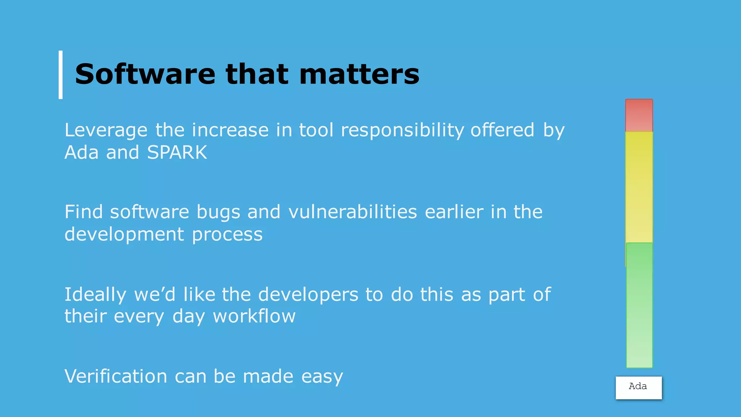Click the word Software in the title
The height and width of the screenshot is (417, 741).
[x=145, y=74]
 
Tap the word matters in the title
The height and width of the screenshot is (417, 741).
[x=359, y=74]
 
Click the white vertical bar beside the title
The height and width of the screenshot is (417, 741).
[x=61, y=75]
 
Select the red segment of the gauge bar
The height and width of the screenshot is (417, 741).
[x=639, y=115]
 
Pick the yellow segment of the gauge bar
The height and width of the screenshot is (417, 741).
[x=639, y=186]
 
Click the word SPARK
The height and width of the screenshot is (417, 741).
[x=177, y=152]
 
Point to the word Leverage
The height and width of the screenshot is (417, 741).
[x=106, y=130]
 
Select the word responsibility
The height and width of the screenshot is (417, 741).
[x=402, y=130]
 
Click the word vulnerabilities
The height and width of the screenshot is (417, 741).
[x=353, y=212]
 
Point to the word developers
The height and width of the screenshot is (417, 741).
[x=308, y=295]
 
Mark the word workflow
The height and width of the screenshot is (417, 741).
[x=254, y=316]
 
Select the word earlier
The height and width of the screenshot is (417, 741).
[x=454, y=212]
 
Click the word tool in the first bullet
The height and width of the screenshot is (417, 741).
[x=316, y=130]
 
